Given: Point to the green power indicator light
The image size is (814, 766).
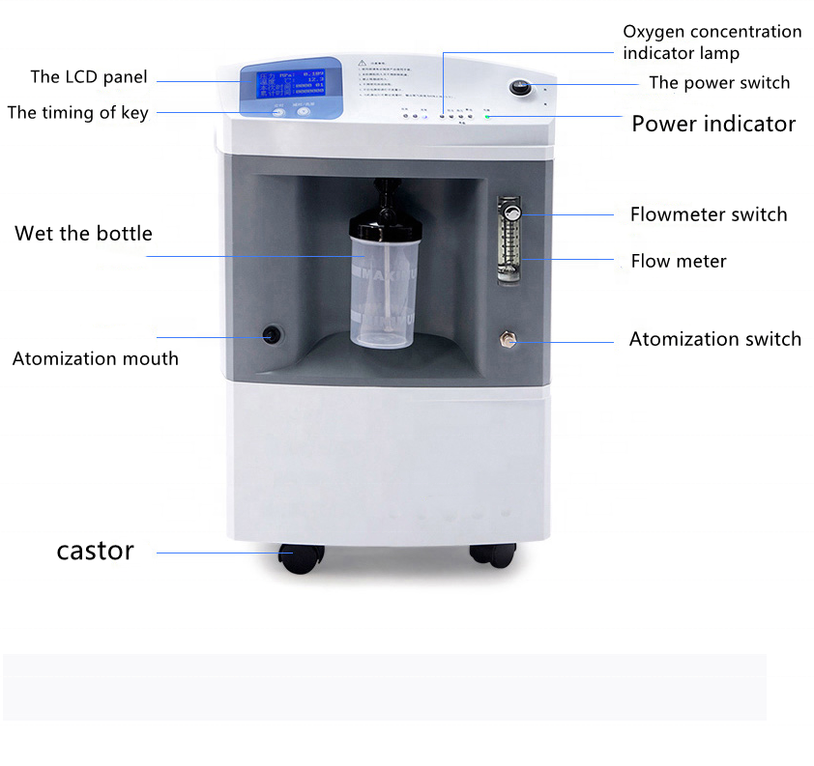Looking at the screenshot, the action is coord(488,117).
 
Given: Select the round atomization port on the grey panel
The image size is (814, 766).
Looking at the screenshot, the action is coord(272,334).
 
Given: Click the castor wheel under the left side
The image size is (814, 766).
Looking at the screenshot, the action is coord(300,557).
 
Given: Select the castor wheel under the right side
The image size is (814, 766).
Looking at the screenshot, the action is coord(492,555).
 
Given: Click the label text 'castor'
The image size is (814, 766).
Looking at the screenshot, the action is coord(95,552).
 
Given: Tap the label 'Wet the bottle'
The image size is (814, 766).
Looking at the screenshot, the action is coord(83,234).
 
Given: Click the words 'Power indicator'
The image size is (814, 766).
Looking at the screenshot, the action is coord(713,125).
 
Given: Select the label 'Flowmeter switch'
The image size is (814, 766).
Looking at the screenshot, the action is coord(709,214).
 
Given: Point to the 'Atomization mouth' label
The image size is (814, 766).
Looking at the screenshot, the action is coord(95,358).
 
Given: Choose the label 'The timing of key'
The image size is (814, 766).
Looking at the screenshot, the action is coord(77,113).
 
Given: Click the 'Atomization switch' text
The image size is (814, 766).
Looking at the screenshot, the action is coord(714,339).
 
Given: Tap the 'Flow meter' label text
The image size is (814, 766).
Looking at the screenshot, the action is coord(679,261).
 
